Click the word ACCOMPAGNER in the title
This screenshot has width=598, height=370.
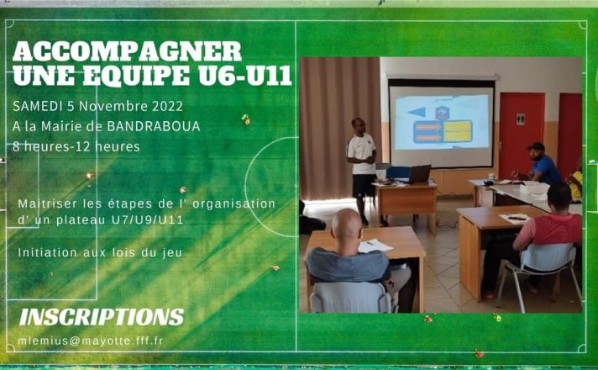click(128, 51)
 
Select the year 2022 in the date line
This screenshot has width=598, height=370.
click(167, 106)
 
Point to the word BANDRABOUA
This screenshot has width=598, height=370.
click(154, 126)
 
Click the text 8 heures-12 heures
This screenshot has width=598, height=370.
click(76, 146)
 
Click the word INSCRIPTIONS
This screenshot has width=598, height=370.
click(102, 317)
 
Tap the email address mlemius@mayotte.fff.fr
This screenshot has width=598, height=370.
click(91, 341)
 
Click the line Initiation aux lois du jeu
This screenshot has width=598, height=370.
click(100, 253)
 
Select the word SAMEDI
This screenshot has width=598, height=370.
click(37, 106)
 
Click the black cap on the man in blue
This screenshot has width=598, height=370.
click(536, 146)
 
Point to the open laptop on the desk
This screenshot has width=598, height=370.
click(418, 174)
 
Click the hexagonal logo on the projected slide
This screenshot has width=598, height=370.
click(443, 114)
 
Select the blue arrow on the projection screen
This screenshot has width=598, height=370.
click(416, 112)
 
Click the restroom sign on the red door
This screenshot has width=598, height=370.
click(521, 119)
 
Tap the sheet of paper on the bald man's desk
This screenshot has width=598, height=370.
click(375, 246)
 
